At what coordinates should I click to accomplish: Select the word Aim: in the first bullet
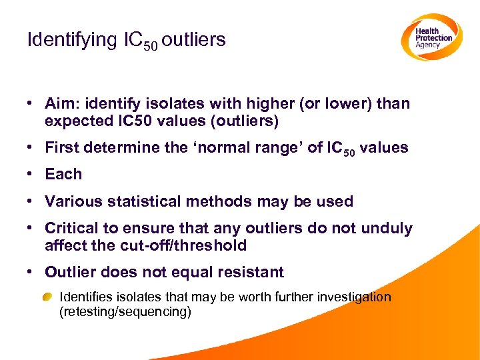(x=63, y=104)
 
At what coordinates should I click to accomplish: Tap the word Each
(x=63, y=174)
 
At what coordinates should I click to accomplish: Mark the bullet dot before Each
(x=31, y=175)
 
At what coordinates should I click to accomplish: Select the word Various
(x=73, y=201)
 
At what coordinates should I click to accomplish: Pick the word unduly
(x=387, y=229)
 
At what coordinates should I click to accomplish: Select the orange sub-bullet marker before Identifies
(x=49, y=297)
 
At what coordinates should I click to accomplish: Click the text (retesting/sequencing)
(x=125, y=311)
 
